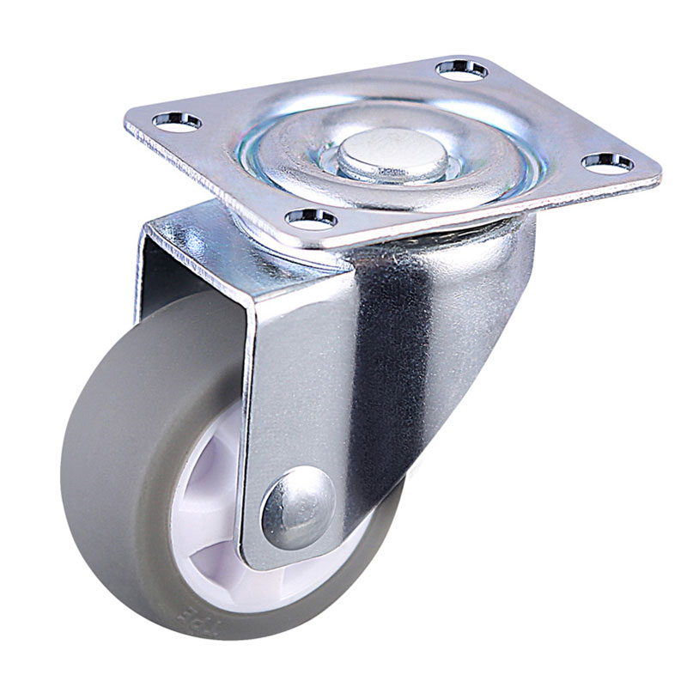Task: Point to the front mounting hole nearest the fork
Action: point(312,216)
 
